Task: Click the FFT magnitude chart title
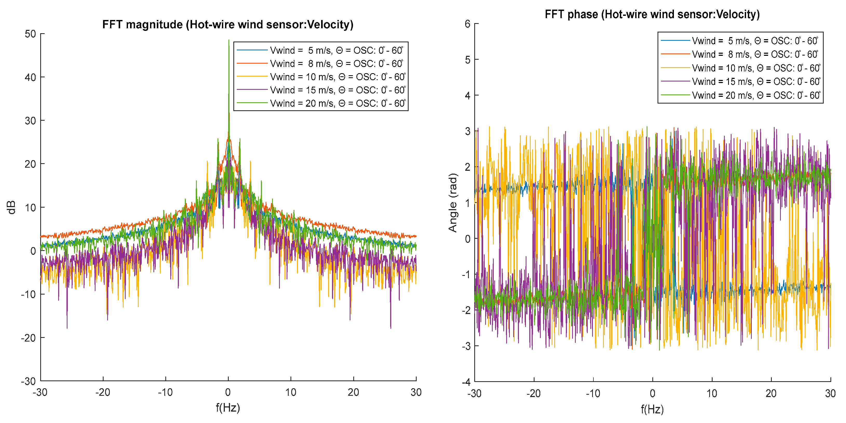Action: [x=228, y=25]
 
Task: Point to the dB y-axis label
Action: [x=12, y=207]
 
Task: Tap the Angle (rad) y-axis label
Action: [x=453, y=203]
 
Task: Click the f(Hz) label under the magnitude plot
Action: [x=228, y=408]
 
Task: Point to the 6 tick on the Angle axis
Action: [x=467, y=24]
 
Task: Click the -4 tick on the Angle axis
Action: [x=466, y=382]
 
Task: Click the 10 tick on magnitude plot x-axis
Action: [x=291, y=392]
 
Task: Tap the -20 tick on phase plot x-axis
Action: [x=533, y=393]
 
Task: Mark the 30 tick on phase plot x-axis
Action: [x=830, y=393]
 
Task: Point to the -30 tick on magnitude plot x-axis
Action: [x=40, y=392]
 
